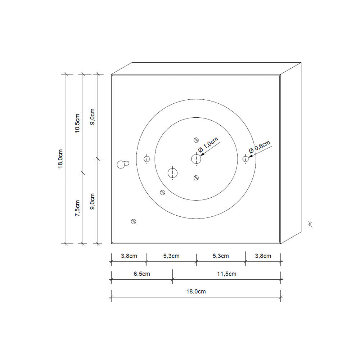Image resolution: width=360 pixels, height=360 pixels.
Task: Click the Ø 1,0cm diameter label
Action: coord(208,145)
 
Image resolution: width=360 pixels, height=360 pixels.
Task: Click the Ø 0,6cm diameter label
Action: coord(260,147)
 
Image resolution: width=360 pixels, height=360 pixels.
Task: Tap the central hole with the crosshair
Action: coord(196,159)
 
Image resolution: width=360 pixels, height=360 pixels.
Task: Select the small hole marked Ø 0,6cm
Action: coord(246,159)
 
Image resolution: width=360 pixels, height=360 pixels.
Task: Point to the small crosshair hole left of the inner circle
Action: coord(147,159)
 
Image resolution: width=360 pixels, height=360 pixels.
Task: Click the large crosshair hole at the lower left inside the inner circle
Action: coord(173,173)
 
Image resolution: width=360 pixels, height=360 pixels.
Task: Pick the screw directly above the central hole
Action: coord(196,140)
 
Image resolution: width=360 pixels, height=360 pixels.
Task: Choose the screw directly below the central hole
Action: coord(196,177)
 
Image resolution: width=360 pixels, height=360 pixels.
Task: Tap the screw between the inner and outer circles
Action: coord(163,192)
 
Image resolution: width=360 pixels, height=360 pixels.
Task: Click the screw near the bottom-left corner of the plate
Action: coord(134,221)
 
